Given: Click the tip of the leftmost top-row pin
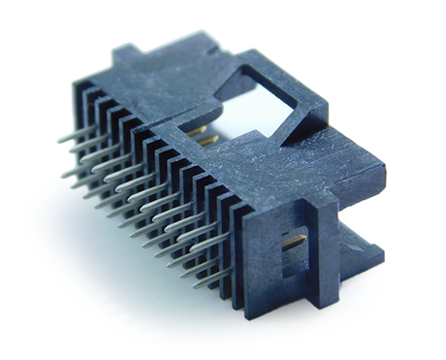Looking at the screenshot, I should click(x=60, y=139).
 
